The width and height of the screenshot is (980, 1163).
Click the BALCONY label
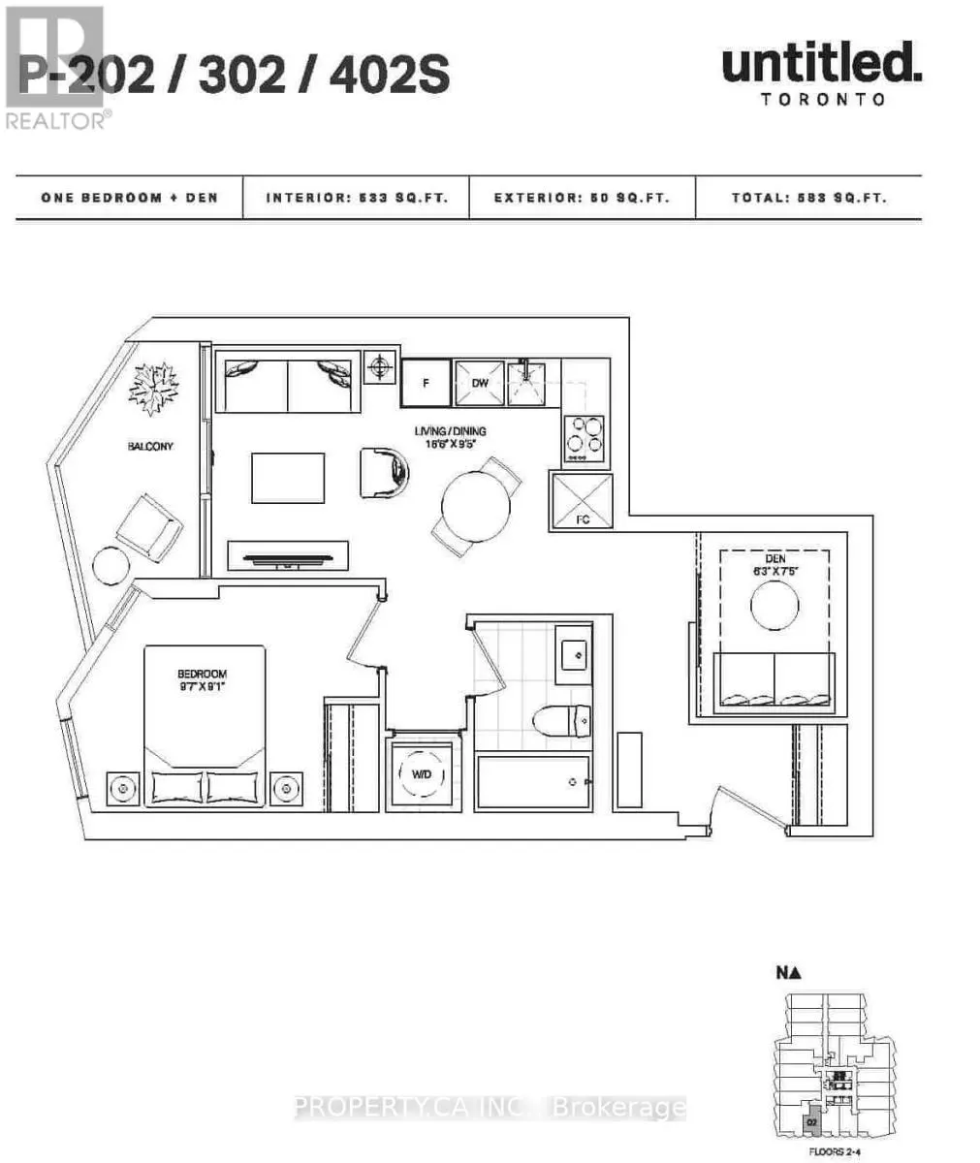[x=149, y=447]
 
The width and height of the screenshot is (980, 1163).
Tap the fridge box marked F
[x=426, y=383]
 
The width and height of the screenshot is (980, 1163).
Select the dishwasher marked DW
[x=480, y=383]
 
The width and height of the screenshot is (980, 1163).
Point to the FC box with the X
[x=583, y=500]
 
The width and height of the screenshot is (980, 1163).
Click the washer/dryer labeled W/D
[x=422, y=774]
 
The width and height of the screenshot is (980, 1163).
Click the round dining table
[x=476, y=505]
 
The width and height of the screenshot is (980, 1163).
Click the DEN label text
[x=774, y=558]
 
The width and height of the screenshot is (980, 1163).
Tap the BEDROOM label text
[x=202, y=674]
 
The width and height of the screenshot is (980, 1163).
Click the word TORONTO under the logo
[x=823, y=99]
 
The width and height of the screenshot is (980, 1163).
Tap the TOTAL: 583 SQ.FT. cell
[x=808, y=198]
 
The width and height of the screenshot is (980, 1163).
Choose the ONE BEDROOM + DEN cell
[x=129, y=198]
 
